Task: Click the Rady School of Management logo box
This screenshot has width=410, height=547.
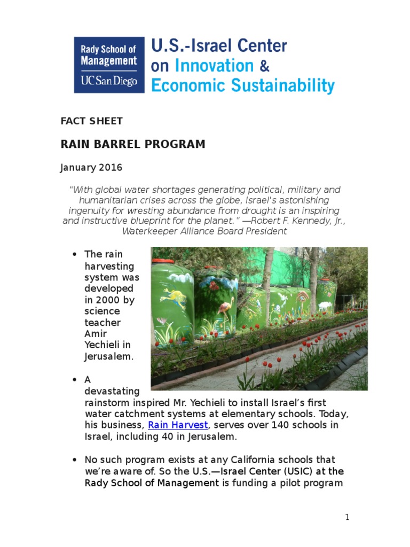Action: coord(109,65)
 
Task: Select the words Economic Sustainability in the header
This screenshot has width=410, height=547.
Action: coord(243,85)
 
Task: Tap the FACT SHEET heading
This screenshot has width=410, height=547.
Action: coord(91,121)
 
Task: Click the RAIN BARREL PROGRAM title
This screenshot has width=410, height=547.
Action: coord(132,144)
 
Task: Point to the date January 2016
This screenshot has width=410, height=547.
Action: coord(91,168)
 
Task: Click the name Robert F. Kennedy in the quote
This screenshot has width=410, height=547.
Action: coord(299,221)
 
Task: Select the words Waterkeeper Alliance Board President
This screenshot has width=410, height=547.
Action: coord(204,231)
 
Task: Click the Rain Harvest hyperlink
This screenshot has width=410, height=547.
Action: coord(178,425)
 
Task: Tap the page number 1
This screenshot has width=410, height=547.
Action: coord(347,517)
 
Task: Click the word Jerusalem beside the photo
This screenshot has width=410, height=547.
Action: coord(109,356)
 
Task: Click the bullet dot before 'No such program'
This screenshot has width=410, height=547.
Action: coord(74,459)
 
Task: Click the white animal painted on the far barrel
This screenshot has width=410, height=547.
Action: coord(325,306)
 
